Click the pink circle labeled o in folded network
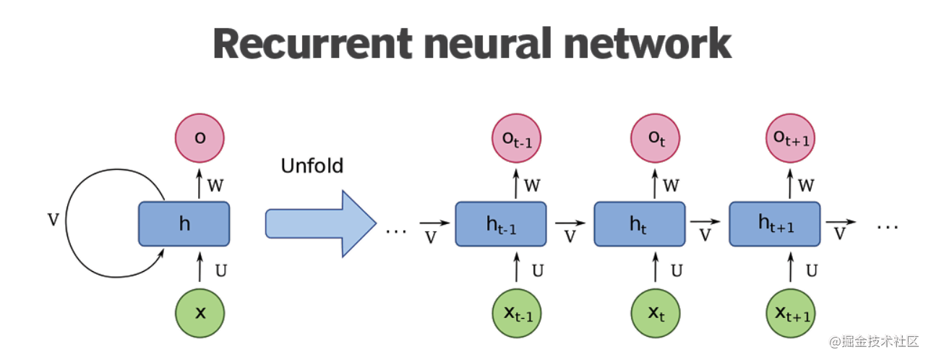pos(200,137)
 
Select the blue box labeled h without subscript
pos(184,223)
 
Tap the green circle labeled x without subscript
pos(200,313)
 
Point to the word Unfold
pos(312,166)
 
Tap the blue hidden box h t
pos(640,224)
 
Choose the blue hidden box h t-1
pos(501,224)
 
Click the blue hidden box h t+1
pos(776,224)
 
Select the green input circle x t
pos(656,313)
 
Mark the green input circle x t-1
pos(516,313)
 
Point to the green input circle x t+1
pos(790,313)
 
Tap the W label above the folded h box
pos(215,185)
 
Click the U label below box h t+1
pos(812,271)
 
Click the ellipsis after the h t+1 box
pos(887,227)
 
